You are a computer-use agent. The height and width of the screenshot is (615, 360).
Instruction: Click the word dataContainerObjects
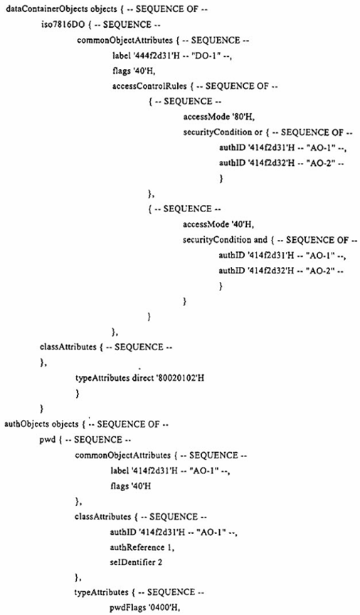pyautogui.click(x=35, y=9)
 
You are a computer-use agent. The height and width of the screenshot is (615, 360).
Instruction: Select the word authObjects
pyautogui.click(x=21, y=424)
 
